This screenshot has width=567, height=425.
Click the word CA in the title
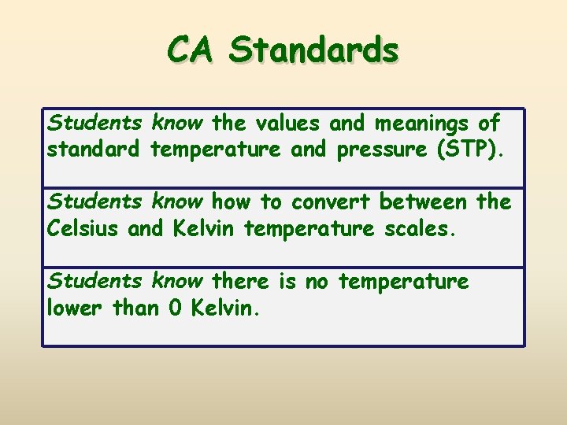[191, 50]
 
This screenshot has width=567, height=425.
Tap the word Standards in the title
[314, 50]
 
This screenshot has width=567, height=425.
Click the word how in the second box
[230, 202]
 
